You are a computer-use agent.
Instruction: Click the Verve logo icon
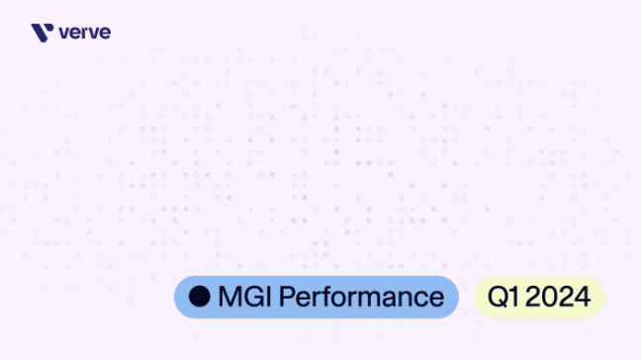pyautogui.click(x=42, y=33)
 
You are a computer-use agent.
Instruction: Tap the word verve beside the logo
pyautogui.click(x=85, y=33)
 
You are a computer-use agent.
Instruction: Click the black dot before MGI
pyautogui.click(x=200, y=297)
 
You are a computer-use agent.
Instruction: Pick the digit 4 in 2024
pyautogui.click(x=584, y=297)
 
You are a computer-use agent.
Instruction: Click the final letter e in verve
pyautogui.click(x=106, y=34)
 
